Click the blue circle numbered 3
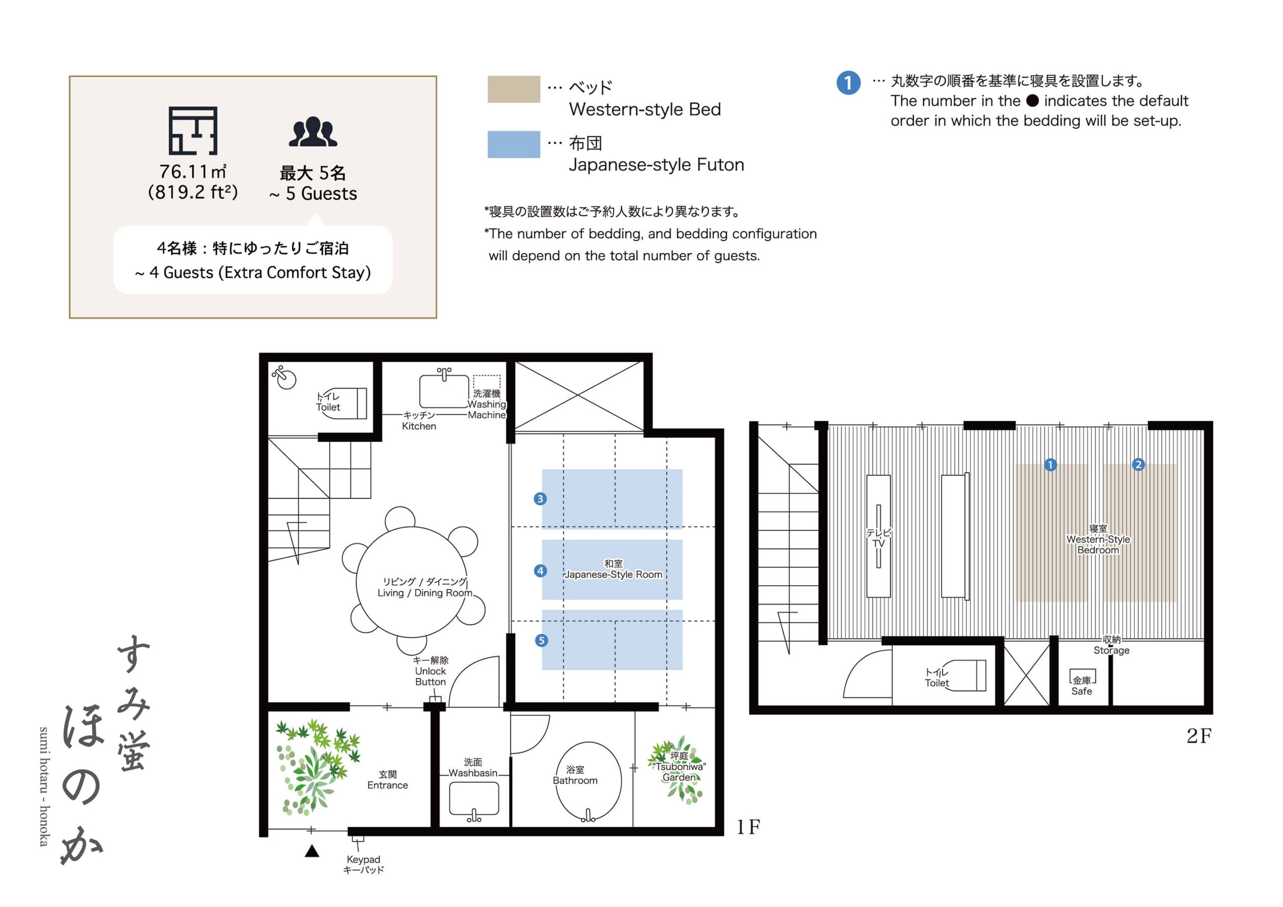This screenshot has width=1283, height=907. [x=540, y=498]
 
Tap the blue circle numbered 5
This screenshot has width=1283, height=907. [x=541, y=640]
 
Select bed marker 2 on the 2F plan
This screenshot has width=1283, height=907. [x=1138, y=464]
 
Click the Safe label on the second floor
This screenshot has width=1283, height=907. [x=1081, y=691]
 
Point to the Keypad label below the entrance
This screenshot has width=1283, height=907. [x=363, y=859]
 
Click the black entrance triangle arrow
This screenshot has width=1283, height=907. [x=312, y=851]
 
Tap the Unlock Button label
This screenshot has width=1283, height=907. [x=431, y=676]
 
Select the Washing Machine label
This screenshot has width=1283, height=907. [x=486, y=409]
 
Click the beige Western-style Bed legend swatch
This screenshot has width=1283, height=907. [x=514, y=89]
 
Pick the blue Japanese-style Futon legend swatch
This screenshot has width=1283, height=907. [x=514, y=144]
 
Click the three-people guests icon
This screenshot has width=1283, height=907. [x=313, y=132]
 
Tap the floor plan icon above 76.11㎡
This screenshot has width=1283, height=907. [x=193, y=131]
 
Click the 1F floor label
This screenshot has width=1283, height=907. [x=748, y=827]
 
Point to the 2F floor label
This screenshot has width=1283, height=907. [x=1199, y=736]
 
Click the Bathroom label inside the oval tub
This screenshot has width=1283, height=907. [x=575, y=775]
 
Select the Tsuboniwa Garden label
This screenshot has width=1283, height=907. [x=679, y=767]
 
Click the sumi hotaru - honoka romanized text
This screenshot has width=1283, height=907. [x=44, y=787]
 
